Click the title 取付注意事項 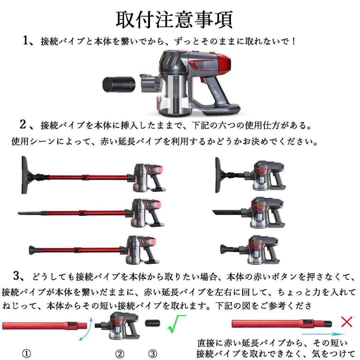(174, 19)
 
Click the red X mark (347, 322)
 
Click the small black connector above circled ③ (153, 323)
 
